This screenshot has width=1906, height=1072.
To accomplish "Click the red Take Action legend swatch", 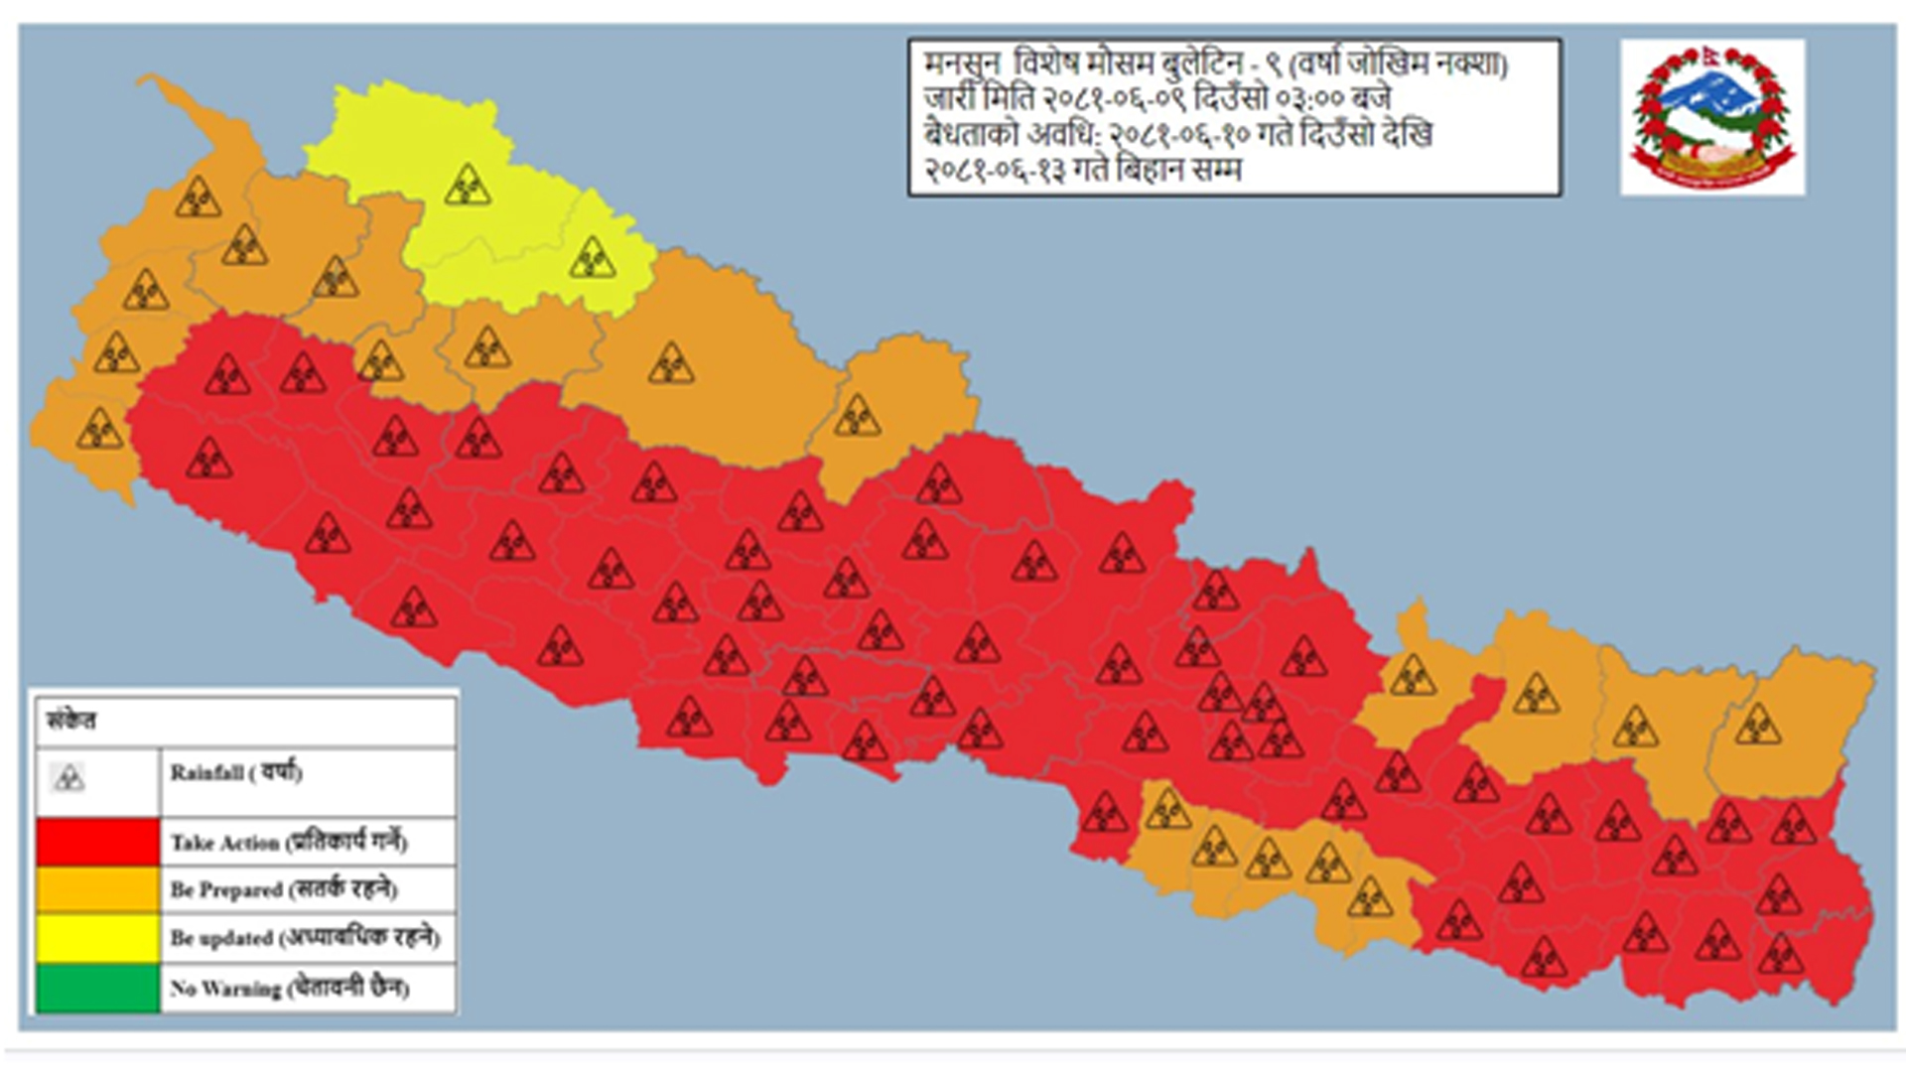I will coord(97,842).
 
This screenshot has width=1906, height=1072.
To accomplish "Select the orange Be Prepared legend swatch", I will coord(97,889).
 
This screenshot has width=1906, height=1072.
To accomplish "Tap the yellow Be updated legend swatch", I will coord(97,938).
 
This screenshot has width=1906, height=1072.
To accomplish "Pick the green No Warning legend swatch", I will coord(97,988).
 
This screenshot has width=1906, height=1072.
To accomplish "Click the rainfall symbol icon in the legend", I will coord(68,778).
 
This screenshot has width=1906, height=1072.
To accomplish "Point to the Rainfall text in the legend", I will coord(235,772).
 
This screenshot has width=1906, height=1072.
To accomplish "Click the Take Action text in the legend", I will coord(289,842).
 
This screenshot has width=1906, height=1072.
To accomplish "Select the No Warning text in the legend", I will coord(289,988).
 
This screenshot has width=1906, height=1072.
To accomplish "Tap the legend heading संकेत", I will coord(71,721).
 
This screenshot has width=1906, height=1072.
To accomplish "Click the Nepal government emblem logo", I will coord(1712,117).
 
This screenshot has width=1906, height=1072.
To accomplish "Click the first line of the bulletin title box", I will coord(1216,65).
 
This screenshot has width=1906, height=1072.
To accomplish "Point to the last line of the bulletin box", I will coord(1082,170).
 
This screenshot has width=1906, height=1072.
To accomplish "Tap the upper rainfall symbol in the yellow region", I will coord(467,186).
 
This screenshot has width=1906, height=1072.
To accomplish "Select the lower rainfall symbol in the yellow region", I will coord(593,258).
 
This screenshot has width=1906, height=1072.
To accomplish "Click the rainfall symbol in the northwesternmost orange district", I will coord(198,197).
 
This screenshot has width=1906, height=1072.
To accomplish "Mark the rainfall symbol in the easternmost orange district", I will coord(1757,725).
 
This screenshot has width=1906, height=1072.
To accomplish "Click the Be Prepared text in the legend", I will coord(284,889).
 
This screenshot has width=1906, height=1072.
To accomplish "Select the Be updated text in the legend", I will coord(305,938).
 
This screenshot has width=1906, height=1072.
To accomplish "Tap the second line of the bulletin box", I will coord(1157,99).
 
